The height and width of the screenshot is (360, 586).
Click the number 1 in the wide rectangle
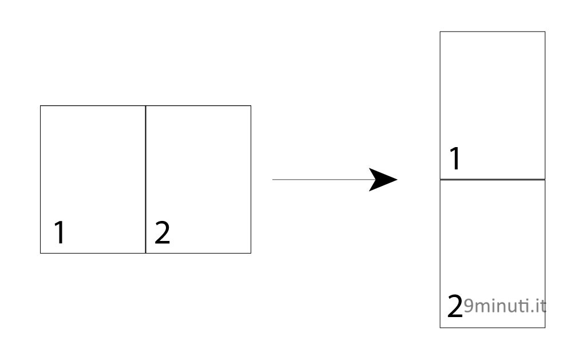60,232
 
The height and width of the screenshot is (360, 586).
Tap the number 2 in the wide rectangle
162,232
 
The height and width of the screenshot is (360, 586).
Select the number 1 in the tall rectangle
455,159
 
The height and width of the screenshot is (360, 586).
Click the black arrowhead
381,180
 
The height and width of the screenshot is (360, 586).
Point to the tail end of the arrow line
272,180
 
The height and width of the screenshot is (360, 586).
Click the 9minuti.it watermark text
505,306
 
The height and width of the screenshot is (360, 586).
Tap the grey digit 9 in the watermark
469,307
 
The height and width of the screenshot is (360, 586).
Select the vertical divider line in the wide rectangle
145,180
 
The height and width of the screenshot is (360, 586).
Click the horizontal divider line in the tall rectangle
492,180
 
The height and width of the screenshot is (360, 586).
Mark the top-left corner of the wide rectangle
41,106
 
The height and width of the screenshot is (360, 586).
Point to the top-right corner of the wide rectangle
251,106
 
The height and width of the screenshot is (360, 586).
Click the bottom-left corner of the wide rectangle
41,253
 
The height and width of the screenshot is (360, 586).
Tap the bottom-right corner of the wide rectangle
251,253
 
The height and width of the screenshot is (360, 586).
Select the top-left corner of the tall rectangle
440,32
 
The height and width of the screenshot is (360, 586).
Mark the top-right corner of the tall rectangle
545,32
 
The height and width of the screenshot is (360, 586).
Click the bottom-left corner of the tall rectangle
440,327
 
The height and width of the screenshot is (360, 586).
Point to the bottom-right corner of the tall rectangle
545,327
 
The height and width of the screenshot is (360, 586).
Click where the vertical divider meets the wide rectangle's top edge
145,106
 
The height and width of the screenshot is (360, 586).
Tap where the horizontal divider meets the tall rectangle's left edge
440,180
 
